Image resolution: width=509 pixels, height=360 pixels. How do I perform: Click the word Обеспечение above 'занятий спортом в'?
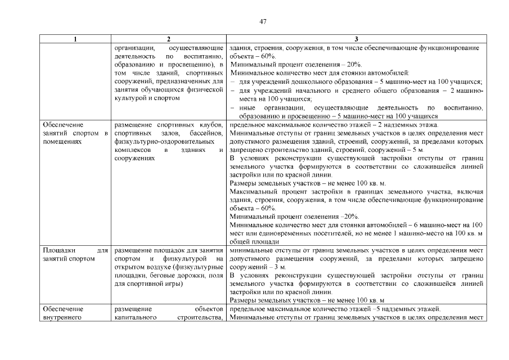(x=63, y=124)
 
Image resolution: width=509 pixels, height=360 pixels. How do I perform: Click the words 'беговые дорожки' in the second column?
(x=170, y=276)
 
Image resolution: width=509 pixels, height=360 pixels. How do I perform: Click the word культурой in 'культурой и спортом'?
(x=130, y=98)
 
